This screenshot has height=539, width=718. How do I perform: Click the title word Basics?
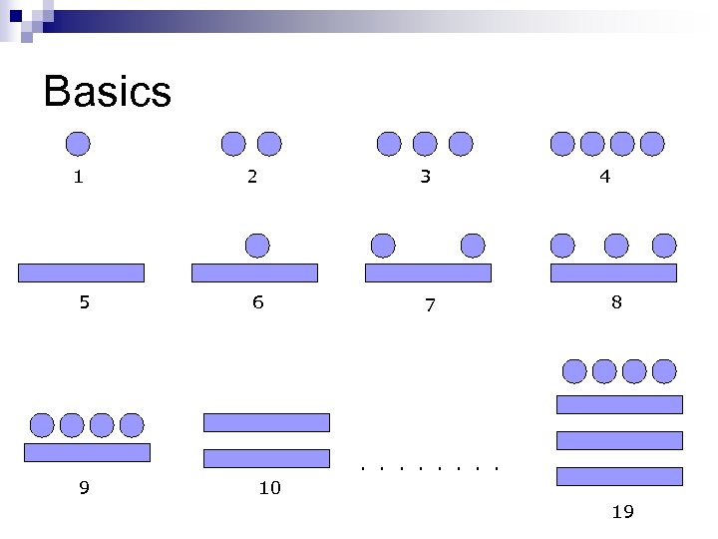coord(108,93)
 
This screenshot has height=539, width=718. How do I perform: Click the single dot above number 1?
coord(78,145)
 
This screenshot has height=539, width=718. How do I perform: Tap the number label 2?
coord(252,178)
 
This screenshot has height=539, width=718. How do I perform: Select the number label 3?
coord(426,178)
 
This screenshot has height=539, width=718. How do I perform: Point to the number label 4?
coord(605,178)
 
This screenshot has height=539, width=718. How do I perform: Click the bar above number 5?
coord(81,272)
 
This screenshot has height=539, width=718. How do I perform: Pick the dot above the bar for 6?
coord(257,245)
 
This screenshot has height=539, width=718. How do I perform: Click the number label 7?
coord(430,305)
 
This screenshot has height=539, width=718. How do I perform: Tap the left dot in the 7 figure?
coord(383,245)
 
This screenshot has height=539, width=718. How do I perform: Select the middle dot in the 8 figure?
coord(616,245)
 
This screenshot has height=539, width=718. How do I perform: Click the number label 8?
coord(616,301)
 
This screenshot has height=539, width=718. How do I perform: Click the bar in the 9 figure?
coord(87,452)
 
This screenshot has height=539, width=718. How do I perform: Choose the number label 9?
coord(85,488)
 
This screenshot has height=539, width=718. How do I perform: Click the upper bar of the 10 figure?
coord(266,422)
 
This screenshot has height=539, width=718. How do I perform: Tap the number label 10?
coord(269,488)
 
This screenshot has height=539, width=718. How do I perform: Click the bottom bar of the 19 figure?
coord(619,476)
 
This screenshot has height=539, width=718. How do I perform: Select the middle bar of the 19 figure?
coord(619,440)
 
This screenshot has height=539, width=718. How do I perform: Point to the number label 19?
coord(622,512)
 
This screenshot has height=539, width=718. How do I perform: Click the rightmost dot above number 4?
coord(652,145)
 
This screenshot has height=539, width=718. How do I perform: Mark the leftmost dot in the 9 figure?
coord(42,426)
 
